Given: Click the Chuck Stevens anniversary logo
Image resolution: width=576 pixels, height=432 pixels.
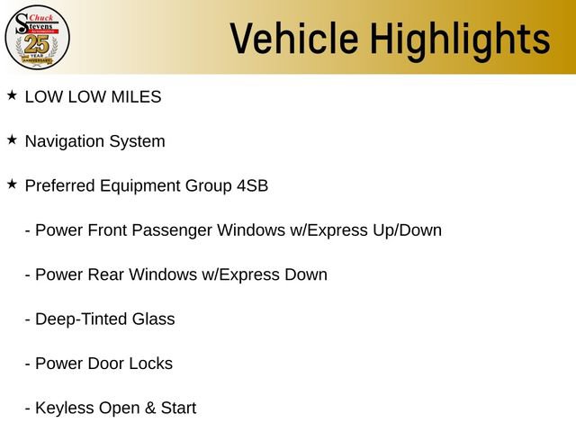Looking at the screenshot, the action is click(x=37, y=37).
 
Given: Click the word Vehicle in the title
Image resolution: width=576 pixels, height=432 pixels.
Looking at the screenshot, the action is click(x=294, y=38).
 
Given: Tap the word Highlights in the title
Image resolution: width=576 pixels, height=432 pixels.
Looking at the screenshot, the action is click(x=460, y=41).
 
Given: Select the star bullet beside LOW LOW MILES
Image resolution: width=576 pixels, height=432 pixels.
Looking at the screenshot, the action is click(x=12, y=95).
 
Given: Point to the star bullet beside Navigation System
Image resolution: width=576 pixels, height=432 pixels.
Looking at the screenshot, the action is click(x=12, y=139).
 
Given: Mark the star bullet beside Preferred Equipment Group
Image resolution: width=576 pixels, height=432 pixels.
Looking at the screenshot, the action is click(x=12, y=184).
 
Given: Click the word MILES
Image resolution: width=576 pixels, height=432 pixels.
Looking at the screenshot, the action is click(x=136, y=97).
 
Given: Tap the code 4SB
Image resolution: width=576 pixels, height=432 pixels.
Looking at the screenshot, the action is click(x=252, y=185).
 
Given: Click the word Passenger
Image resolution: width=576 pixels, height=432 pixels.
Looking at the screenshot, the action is click(x=172, y=231).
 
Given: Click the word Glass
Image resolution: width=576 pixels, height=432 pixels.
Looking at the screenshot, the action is click(x=154, y=319).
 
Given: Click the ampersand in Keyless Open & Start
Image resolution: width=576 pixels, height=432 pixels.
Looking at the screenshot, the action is click(x=150, y=408).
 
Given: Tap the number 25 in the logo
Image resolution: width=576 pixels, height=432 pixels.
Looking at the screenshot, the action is click(x=37, y=45).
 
